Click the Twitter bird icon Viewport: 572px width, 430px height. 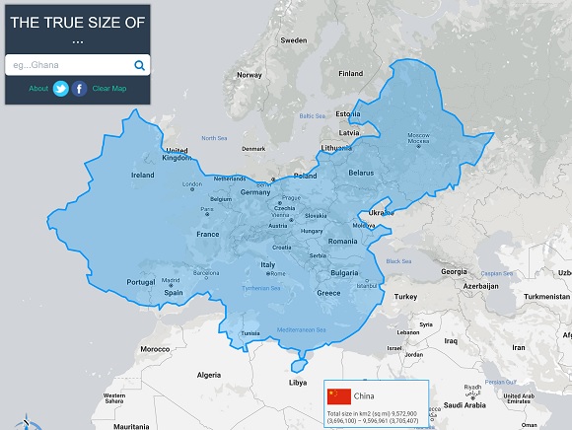tap(61, 89)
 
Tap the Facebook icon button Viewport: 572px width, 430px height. tap(80, 89)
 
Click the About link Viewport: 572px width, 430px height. tap(38, 89)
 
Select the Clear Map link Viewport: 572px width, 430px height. tap(109, 89)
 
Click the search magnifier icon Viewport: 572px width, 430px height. tap(139, 66)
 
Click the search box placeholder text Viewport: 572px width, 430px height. tap(31, 66)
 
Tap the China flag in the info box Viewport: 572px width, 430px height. tap(339, 395)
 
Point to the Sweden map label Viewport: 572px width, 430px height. tap(294, 40)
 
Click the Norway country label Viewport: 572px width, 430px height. tap(250, 75)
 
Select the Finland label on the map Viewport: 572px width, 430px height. tap(350, 73)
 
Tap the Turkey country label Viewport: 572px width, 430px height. tap(405, 296)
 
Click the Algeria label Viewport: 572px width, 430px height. tap(209, 375)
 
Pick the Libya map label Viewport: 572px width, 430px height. tap(297, 382)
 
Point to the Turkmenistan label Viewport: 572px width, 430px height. tap(540, 296)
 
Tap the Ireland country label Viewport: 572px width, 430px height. tap(142, 175)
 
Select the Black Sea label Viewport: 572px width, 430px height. tap(399, 260)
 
